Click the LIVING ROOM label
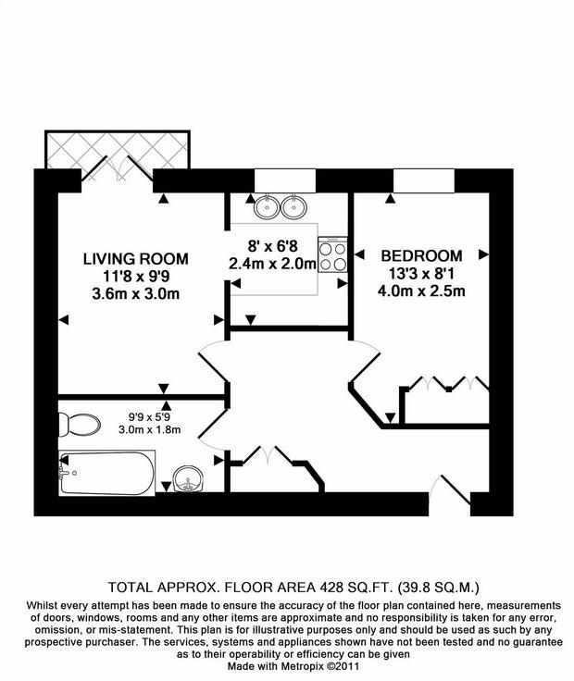point(136,258)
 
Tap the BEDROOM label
point(421,255)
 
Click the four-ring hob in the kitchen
point(331,254)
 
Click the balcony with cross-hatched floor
point(119,149)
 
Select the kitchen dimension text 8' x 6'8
point(272,247)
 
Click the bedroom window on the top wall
point(424,180)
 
